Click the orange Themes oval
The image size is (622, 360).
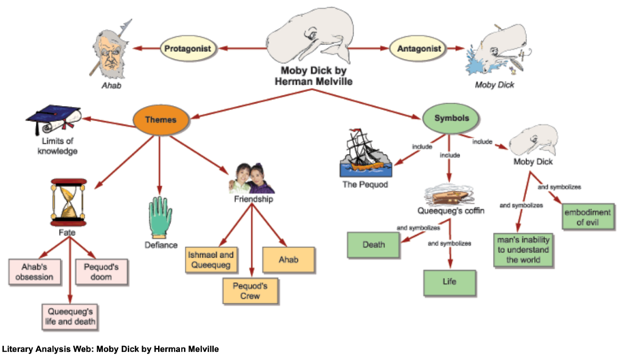pyautogui.click(x=160, y=119)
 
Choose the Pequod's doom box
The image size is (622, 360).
pyautogui.click(x=101, y=270)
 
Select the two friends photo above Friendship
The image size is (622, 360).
pyautogui.click(x=252, y=178)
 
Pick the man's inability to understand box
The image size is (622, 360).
pyautogui.click(x=524, y=249)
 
